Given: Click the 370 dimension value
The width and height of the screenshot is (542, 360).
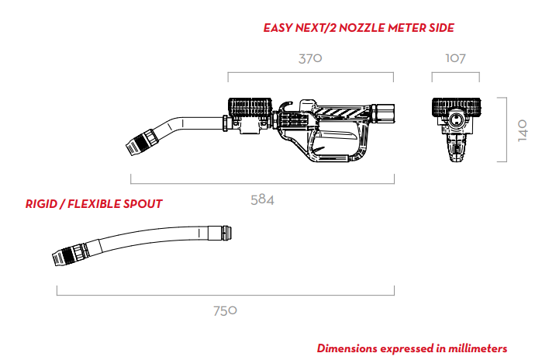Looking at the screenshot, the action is click(310, 58).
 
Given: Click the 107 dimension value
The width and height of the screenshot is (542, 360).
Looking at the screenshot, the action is click(456, 58).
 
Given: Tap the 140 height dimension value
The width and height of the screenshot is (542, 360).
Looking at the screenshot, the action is click(523, 130).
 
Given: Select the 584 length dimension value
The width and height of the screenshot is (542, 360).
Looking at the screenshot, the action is click(262, 200).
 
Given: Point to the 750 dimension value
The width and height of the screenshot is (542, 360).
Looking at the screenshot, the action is click(225, 311).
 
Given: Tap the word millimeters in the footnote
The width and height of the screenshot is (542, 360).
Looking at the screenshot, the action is click(478, 348).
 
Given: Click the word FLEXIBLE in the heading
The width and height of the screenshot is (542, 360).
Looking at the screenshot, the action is click(93, 204).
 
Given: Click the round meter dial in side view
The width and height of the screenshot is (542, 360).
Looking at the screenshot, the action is click(250, 107).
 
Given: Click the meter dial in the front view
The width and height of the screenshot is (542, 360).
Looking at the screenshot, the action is click(456, 106).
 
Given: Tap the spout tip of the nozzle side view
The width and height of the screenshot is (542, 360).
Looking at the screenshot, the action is click(132, 149).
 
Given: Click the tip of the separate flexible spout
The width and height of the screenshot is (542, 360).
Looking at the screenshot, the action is click(58, 258).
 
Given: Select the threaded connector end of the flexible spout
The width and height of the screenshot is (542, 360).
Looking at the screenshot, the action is click(226, 233).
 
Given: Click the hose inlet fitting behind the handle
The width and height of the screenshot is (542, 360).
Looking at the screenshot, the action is click(383, 112).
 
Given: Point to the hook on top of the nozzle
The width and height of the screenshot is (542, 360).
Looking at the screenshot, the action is click(285, 106).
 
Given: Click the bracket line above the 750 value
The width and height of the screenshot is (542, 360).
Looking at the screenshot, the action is click(226, 295).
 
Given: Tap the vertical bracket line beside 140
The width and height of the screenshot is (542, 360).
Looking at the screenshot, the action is click(506, 130).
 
